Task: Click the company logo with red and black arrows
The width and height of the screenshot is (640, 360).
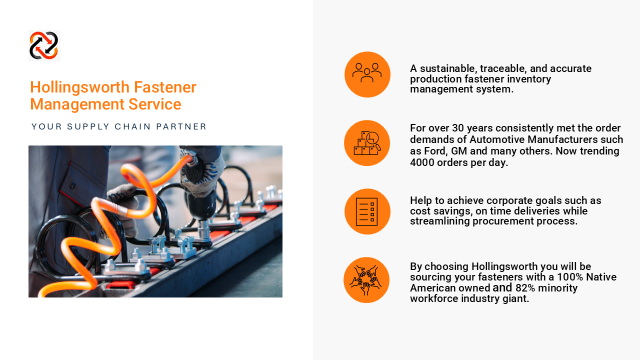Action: tap(44, 45)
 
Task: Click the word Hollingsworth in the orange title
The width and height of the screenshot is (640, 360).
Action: tap(80, 87)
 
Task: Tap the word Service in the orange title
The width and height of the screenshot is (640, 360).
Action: tap(154, 104)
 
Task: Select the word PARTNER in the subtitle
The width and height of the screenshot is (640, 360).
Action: tap(181, 126)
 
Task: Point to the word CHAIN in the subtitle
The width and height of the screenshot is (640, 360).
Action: tap(132, 126)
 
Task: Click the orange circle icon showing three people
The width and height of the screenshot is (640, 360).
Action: tap(367, 74)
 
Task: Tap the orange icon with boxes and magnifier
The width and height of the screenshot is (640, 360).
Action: tap(367, 143)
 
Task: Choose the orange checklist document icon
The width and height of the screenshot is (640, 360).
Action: tap(367, 211)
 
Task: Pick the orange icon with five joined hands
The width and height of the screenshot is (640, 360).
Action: tap(366, 280)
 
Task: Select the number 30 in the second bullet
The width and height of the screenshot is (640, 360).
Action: tap(457, 128)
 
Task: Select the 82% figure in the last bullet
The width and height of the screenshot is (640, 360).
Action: tap(525, 288)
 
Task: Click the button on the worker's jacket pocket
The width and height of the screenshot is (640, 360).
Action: tap(72, 185)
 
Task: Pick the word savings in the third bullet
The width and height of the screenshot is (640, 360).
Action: tap(451, 211)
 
